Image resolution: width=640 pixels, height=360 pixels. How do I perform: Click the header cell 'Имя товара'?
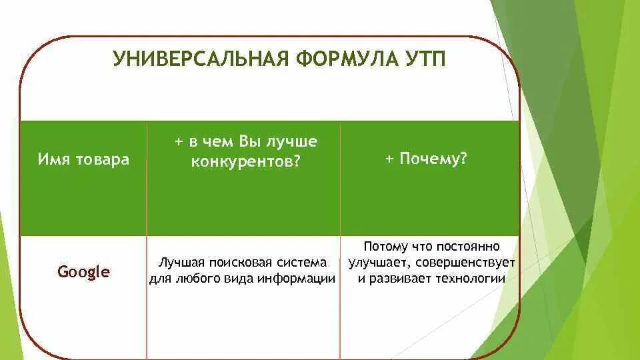pos(83,160)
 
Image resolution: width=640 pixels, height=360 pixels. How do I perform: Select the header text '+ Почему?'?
pos(425,160)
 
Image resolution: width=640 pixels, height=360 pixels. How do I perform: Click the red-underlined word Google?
pos(83,272)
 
